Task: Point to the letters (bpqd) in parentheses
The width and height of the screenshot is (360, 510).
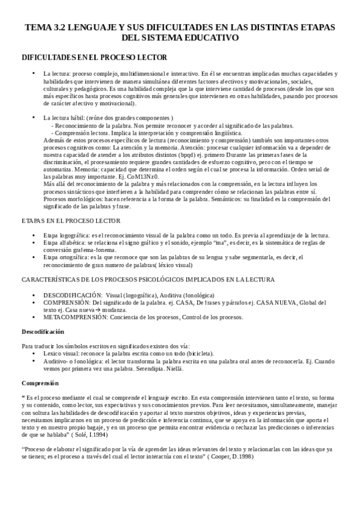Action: [x=154, y=155]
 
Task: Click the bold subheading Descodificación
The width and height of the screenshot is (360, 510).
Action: [x=43, y=332]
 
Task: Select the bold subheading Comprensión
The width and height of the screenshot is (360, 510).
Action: [x=39, y=383]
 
